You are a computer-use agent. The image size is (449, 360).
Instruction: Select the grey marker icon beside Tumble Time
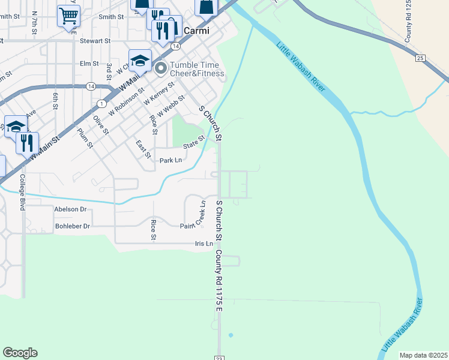pyautogui.click(x=161, y=68)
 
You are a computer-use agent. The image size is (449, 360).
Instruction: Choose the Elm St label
pyautogui.click(x=88, y=63)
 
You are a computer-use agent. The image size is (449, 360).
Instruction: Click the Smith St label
pyautogui.click(x=111, y=17)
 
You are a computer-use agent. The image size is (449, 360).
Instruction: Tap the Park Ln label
pyautogui.click(x=170, y=161)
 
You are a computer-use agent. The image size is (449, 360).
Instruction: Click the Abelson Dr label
pyautogui.click(x=70, y=209)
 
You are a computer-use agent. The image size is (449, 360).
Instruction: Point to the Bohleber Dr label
pyautogui.click(x=72, y=226)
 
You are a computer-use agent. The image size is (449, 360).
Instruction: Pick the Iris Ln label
pyautogui.click(x=204, y=244)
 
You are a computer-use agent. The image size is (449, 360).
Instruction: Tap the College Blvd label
pyautogui.click(x=22, y=192)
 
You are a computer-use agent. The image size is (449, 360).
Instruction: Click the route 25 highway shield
pyautogui.click(x=420, y=58)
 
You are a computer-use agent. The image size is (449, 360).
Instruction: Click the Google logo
pyautogui.click(x=20, y=353)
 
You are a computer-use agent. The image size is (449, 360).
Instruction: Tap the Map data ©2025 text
pyautogui.click(x=423, y=355)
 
